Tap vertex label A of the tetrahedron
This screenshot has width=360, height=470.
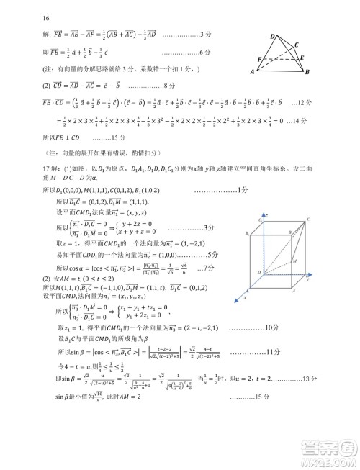pyautogui.click(x=252, y=72)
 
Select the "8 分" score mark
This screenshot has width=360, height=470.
pyautogui.click(x=169, y=86)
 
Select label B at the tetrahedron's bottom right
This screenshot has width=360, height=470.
pyautogui.click(x=307, y=73)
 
